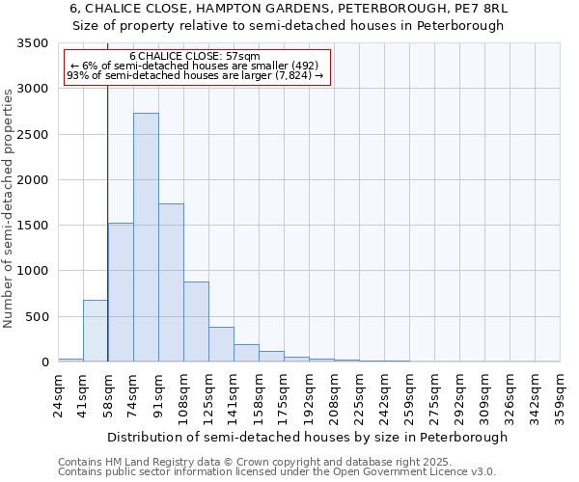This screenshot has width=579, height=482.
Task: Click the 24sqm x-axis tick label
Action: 58,395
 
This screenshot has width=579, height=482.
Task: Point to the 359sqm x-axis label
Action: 560,395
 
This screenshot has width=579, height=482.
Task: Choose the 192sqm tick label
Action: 309,395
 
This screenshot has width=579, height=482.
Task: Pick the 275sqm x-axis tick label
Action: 434,395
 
